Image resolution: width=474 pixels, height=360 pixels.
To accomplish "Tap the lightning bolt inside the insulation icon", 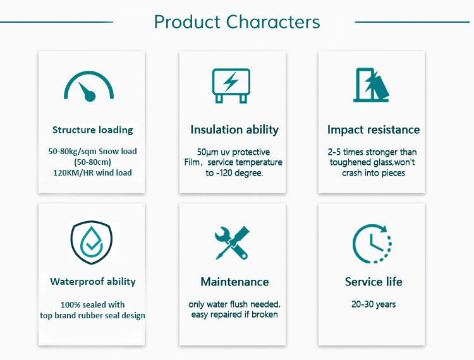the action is click(231, 81).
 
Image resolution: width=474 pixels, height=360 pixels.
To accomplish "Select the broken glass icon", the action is click(371, 85).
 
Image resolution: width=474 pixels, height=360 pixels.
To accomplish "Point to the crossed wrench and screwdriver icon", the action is click(232, 243).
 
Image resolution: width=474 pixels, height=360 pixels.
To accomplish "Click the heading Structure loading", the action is click(92, 130).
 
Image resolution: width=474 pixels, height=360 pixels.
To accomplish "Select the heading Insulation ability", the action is click(234, 129).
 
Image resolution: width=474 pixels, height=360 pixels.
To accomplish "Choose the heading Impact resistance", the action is click(374, 129).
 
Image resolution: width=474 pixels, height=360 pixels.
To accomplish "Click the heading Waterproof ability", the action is click(93, 282).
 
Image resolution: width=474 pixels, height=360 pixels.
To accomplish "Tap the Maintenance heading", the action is click(234, 282).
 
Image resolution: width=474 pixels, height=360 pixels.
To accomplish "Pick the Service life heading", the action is click(374, 282).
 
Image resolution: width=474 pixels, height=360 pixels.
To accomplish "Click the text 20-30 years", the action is click(374, 304).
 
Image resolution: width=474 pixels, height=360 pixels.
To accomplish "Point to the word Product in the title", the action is click(187, 22).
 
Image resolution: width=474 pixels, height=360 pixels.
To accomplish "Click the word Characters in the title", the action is click(273, 22).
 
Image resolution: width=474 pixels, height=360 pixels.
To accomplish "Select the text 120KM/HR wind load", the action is click(92, 173).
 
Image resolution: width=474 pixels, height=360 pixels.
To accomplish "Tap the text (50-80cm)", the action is click(92, 162).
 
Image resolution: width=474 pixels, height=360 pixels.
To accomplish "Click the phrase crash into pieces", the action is click(374, 173).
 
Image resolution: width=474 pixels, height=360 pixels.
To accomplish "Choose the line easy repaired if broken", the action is click(234, 315).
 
